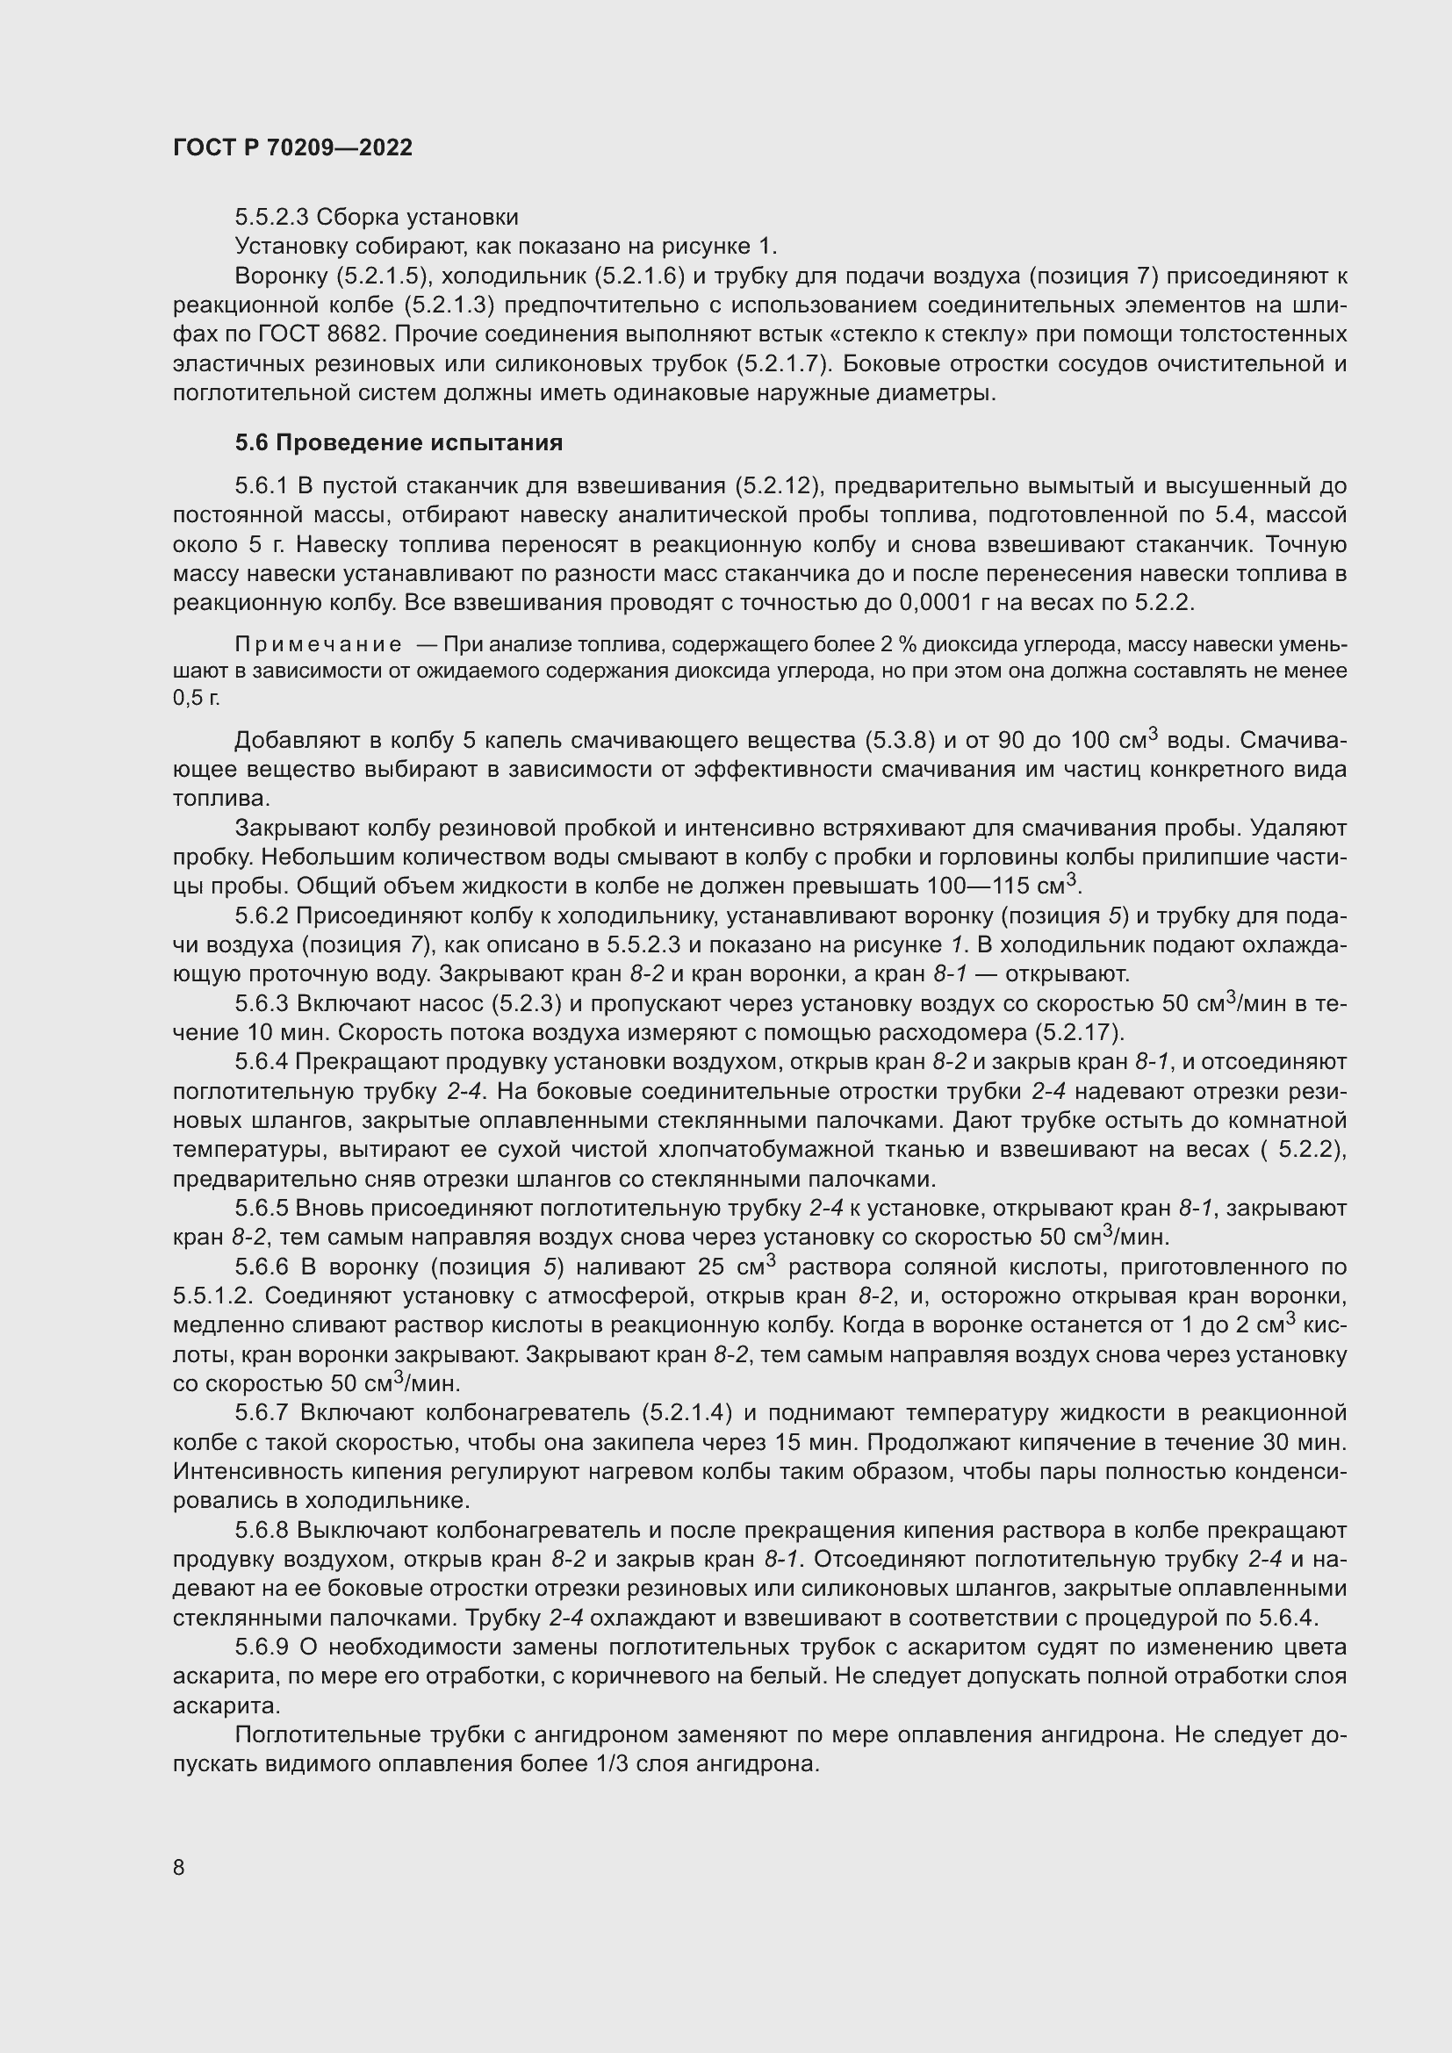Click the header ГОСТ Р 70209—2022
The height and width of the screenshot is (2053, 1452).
click(292, 147)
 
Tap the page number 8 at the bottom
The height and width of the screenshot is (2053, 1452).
click(179, 1867)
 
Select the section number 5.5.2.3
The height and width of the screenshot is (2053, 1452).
click(272, 218)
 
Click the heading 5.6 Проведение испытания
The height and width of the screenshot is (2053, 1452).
click(399, 442)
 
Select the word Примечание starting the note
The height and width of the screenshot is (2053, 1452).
click(318, 645)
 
